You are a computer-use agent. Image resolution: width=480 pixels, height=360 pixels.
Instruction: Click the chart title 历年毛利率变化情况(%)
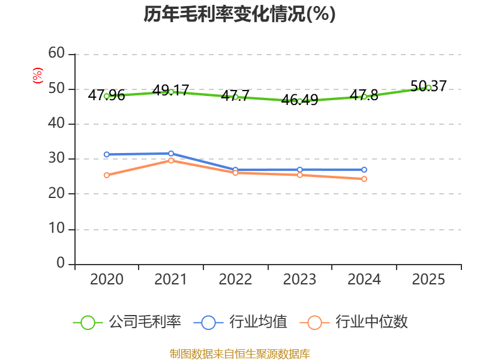(239, 14)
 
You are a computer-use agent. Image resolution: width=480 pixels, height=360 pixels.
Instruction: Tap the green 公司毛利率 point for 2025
(428, 88)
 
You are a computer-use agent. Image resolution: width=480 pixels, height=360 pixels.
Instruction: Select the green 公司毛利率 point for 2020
(107, 96)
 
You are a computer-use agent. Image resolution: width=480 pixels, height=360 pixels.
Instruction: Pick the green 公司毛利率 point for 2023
(299, 101)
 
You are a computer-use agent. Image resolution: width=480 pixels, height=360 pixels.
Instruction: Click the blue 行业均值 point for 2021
(171, 154)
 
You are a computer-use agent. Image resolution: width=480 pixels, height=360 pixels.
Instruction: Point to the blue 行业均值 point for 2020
(107, 155)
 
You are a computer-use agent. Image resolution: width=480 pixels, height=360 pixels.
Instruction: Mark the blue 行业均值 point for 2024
(364, 170)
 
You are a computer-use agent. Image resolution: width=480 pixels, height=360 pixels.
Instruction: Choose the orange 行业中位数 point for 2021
(171, 160)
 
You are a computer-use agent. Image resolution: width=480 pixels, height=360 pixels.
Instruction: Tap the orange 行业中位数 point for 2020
(107, 175)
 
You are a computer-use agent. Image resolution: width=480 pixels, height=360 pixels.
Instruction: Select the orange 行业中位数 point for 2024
(364, 179)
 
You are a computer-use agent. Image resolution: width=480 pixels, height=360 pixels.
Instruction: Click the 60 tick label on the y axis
(56, 53)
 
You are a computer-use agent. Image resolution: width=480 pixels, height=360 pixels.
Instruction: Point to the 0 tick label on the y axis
(60, 264)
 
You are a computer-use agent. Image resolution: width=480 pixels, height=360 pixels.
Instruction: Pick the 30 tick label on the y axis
(56, 159)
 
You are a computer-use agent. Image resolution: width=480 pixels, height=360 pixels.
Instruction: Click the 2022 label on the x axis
(235, 280)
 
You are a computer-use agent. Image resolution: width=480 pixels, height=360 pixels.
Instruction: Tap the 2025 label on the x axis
(428, 280)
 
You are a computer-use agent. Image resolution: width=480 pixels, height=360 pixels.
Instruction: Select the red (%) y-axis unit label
(37, 76)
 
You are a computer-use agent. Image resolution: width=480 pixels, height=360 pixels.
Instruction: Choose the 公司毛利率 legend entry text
(145, 322)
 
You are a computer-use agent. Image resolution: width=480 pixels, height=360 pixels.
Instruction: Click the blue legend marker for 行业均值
(208, 322)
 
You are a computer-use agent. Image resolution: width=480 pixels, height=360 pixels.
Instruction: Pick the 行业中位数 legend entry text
(371, 322)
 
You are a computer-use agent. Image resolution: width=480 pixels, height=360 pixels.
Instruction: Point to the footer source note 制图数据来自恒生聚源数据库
(239, 353)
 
